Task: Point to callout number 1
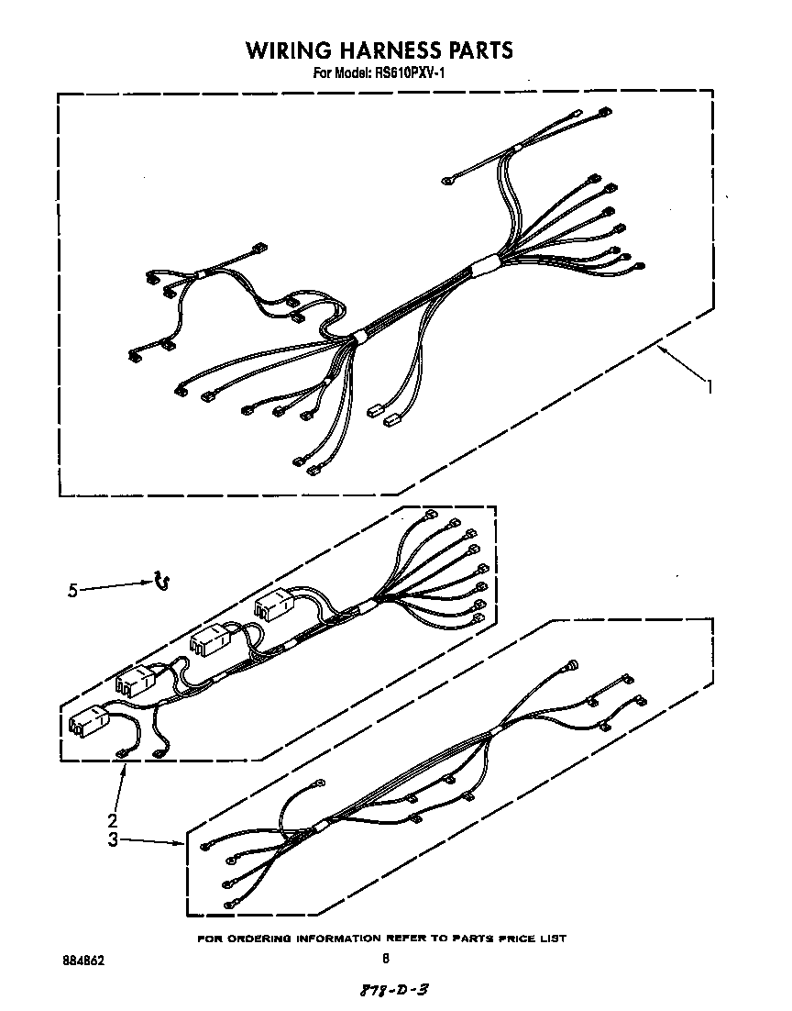(x=709, y=387)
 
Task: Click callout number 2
(x=112, y=820)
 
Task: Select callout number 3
(x=112, y=839)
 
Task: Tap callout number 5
(x=72, y=591)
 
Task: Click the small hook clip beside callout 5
(x=163, y=580)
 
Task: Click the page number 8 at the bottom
(x=386, y=960)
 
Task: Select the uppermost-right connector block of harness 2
(x=275, y=604)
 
